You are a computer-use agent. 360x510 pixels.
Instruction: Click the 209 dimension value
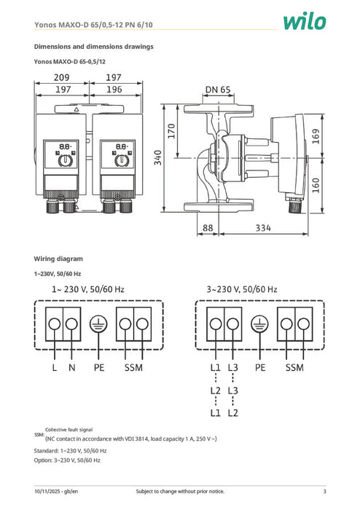61,77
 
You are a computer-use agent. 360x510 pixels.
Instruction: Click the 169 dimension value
316,136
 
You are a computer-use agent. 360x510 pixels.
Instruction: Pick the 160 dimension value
316,187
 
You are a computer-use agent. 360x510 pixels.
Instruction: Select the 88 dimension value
208,228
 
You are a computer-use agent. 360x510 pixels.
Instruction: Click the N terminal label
71,369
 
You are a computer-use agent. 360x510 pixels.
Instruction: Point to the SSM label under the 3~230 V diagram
294,369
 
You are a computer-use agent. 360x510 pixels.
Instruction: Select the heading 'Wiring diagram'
60,259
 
